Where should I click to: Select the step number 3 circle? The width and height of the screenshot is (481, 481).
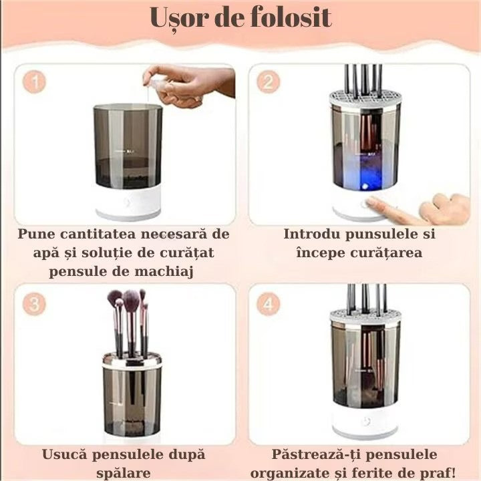(35, 304)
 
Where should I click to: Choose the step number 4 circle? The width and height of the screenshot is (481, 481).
(268, 304)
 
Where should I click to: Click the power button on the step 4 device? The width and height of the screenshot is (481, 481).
(364, 422)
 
